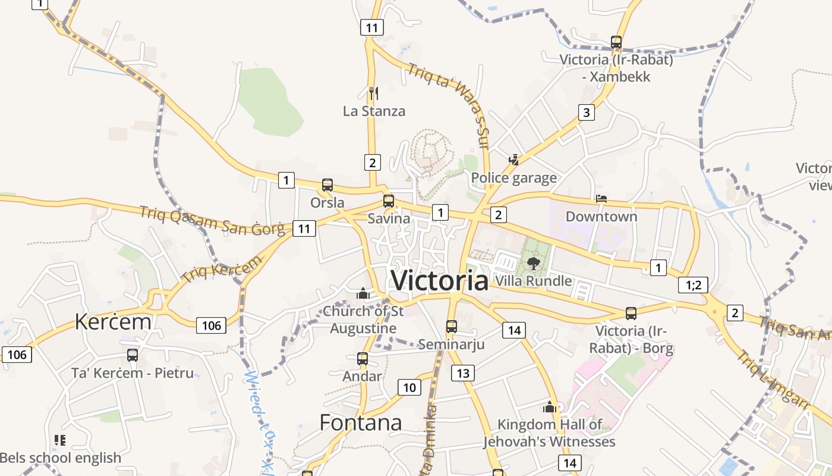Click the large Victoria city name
(440, 280)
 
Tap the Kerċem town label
(113, 321)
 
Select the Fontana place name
(361, 422)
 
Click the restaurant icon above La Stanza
(374, 93)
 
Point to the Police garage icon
(514, 159)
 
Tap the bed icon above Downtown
(601, 198)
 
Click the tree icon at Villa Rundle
(533, 263)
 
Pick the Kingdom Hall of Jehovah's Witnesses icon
(550, 407)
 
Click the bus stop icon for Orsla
(327, 184)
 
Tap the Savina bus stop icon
(389, 201)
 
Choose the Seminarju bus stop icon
(452, 326)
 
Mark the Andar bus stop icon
(363, 358)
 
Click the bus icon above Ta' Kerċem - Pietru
(133, 355)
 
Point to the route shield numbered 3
(587, 112)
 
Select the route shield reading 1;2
(694, 285)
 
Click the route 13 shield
(463, 373)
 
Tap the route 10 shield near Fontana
(409, 388)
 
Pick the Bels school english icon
(59, 440)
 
